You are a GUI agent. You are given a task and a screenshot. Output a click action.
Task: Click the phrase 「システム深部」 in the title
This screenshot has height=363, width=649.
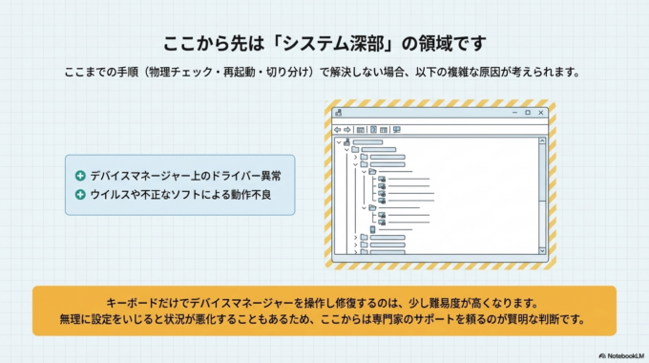tap(345, 43)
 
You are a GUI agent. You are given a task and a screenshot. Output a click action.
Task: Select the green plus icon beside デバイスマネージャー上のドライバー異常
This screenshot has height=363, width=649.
tap(80, 177)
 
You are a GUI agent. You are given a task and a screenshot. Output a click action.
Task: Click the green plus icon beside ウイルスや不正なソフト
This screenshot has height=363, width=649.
tap(80, 195)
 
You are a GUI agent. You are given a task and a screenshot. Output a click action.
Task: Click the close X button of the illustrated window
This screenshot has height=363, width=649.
tap(540, 113)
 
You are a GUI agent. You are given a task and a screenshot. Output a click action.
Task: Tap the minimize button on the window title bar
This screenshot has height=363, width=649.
tap(513, 113)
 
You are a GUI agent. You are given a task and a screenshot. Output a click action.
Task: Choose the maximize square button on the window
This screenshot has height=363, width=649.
tap(527, 113)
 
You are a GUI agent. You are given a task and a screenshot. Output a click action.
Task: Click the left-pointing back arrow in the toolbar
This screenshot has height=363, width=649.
tap(337, 129)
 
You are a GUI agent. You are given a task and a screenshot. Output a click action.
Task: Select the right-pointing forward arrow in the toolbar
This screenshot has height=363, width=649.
tap(347, 129)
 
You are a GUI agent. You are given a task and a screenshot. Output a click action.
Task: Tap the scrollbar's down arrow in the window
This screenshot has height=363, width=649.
tap(543, 251)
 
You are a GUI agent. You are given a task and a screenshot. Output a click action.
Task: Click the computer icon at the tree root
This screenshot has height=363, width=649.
tap(346, 141)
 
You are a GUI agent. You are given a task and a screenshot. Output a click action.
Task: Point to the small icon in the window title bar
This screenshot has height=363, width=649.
tap(338, 113)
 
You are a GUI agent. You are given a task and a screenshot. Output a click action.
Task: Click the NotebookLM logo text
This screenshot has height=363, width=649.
tap(622, 353)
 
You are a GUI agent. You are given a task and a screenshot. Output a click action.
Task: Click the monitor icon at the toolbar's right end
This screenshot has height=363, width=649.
tap(395, 129)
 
